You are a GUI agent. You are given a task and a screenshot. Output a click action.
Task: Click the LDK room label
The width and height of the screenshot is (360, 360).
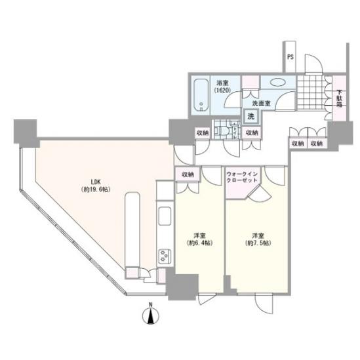pos(96,186)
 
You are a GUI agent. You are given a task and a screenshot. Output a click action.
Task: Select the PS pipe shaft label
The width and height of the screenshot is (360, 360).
pos(290,56)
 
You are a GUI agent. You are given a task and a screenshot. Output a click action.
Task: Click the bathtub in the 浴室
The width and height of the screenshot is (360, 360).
pos(201,95)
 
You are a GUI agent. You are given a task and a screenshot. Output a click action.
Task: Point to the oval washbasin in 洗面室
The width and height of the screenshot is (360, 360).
pos(278,83)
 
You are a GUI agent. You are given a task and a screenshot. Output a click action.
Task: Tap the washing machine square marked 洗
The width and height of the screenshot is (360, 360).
pos(251,117)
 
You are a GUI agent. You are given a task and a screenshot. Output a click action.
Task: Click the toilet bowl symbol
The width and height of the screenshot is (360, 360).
pos(224,131)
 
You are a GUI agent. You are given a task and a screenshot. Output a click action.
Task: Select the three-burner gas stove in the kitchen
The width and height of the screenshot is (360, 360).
pos(165,256)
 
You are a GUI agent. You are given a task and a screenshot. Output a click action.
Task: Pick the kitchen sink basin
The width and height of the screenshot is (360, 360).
pos(165,216)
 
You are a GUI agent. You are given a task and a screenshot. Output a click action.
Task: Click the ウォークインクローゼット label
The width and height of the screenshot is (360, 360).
pos(242,177)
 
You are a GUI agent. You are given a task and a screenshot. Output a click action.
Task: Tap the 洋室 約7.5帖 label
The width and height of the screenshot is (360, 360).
pos(258,239)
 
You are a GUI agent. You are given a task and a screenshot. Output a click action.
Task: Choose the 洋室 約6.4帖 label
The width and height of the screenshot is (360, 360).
pos(199,239)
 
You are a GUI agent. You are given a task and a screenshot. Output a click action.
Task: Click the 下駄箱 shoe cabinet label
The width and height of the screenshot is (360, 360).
pos(339,99)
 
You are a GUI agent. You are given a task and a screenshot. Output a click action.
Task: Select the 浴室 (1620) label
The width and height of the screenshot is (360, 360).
pos(222,87)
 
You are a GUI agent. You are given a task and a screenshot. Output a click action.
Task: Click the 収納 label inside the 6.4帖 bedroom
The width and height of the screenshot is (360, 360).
pos(188,174)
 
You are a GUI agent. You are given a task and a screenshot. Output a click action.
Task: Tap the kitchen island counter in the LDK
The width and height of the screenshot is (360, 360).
pos(132,230)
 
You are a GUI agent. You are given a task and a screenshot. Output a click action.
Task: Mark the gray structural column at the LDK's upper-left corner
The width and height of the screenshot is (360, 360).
pos(26,134)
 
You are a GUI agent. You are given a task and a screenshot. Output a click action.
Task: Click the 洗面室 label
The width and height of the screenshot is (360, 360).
pos(261,104)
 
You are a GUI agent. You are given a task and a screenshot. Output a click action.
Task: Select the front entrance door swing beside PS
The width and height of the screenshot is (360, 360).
pos(313,64)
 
